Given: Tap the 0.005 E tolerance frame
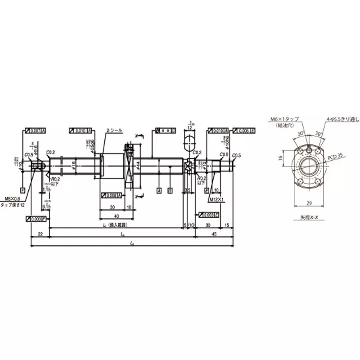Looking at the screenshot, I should (245, 130).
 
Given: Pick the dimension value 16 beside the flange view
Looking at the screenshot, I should (280, 158).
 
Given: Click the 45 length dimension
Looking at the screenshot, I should (214, 234).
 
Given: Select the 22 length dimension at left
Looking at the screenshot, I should (40, 234).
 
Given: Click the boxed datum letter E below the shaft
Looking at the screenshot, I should (207, 191).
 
